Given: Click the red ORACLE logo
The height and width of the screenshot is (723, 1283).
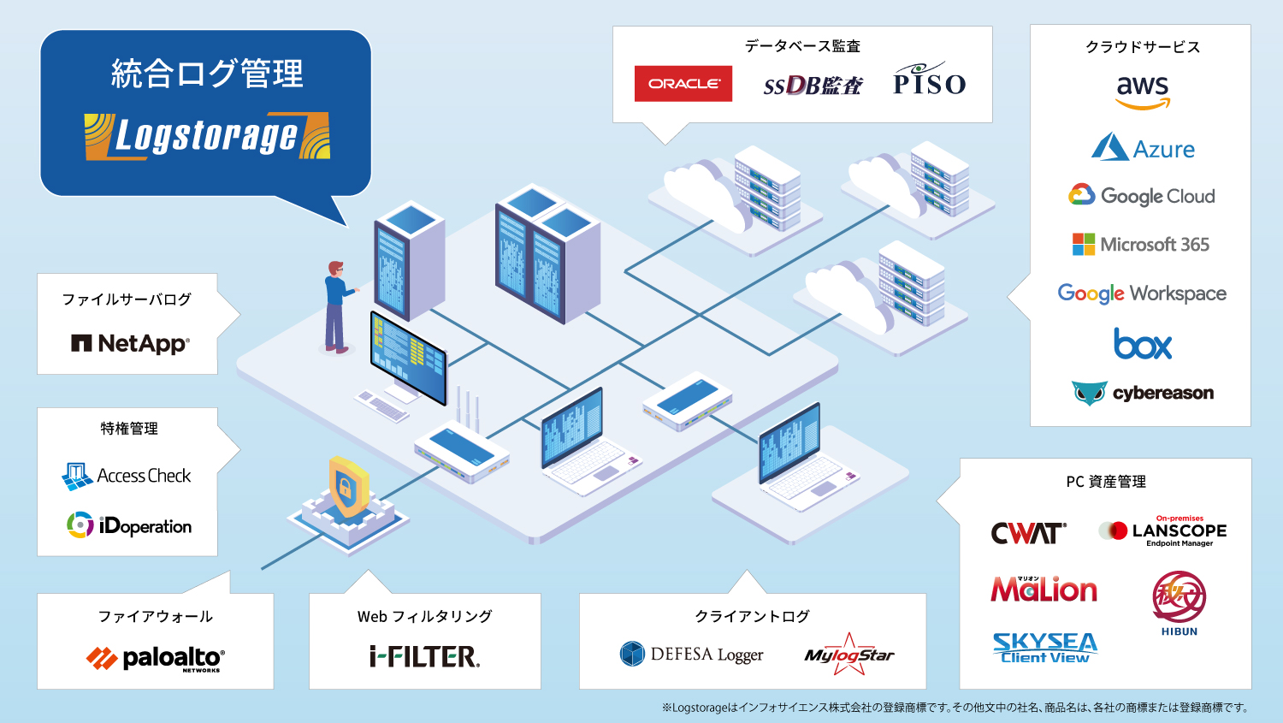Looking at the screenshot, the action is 683,84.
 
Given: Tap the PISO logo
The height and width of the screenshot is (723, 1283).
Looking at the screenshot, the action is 929,79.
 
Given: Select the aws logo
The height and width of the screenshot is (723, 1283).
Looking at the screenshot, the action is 1142,92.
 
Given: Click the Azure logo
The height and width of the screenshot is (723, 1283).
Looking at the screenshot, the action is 1143,147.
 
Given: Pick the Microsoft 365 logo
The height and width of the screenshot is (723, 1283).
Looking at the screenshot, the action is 1140,245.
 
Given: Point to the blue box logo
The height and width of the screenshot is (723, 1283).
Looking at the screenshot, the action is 1142,344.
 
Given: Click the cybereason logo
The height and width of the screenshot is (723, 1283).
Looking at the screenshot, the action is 1142,393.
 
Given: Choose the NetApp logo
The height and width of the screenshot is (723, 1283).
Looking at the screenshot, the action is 130,344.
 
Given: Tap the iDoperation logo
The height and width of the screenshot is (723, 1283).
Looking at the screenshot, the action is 129,525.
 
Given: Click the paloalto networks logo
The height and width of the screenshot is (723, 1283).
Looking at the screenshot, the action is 155,659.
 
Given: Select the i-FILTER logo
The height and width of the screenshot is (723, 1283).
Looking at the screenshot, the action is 424,656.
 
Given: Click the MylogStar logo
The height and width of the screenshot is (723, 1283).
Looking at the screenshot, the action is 848,655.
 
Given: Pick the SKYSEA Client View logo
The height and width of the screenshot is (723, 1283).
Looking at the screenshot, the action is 1044,648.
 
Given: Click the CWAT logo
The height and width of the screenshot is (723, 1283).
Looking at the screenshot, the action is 1029,533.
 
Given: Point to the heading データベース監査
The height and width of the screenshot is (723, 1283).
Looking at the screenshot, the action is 802,46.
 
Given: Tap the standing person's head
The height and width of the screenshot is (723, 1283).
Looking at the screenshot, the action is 335,269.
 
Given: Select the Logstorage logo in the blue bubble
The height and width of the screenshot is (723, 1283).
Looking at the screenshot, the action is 207,136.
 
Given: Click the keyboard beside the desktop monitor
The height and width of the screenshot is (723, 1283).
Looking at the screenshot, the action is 382,406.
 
